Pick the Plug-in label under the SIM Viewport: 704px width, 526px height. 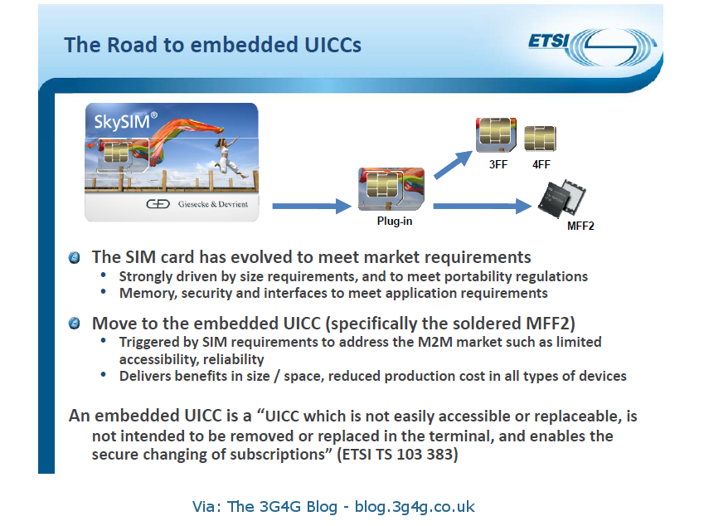pos(395,222)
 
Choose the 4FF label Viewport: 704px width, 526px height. pos(541,164)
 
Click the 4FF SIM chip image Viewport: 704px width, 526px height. pos(541,139)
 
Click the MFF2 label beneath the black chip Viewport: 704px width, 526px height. pos(580,225)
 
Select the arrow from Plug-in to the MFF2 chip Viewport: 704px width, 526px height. pos(481,206)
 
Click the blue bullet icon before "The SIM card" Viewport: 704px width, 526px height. pos(75,257)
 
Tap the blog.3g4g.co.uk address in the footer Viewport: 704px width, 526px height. pos(415,506)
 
